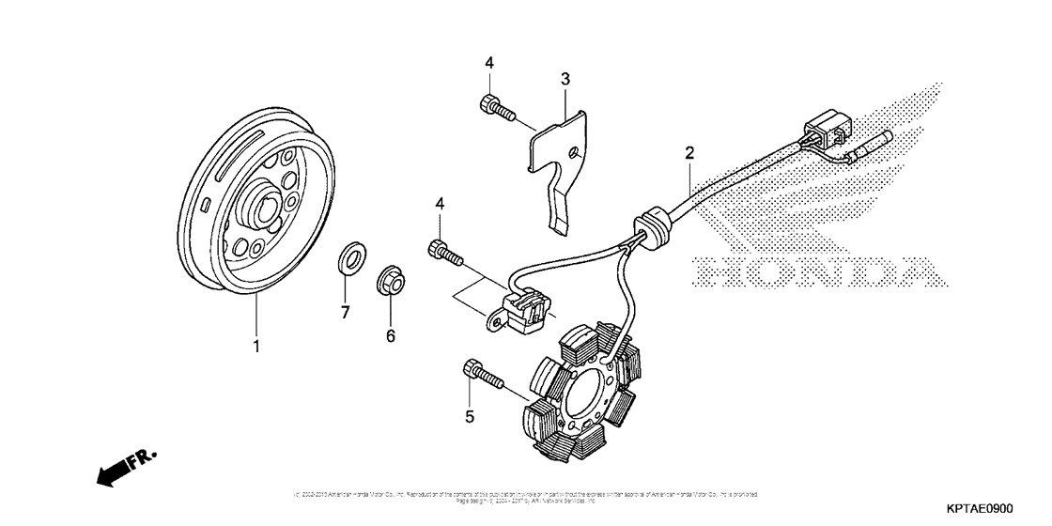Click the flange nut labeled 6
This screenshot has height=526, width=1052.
tap(391, 281)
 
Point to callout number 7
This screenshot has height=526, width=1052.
tap(345, 313)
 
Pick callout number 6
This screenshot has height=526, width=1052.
tap(391, 335)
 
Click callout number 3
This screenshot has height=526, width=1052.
tap(565, 80)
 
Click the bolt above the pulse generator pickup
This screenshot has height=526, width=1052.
tap(447, 252)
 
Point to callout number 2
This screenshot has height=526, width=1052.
tap(689, 153)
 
